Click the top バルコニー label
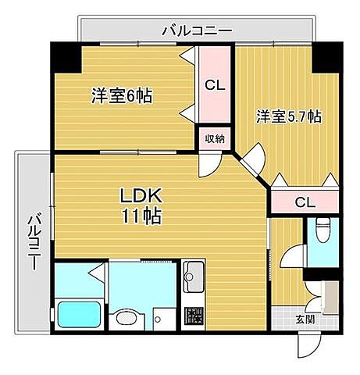[x=197, y=31]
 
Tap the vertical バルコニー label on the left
[x=34, y=241]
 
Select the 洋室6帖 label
[x=121, y=96]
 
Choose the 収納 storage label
[x=214, y=139]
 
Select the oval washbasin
[x=123, y=320]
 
